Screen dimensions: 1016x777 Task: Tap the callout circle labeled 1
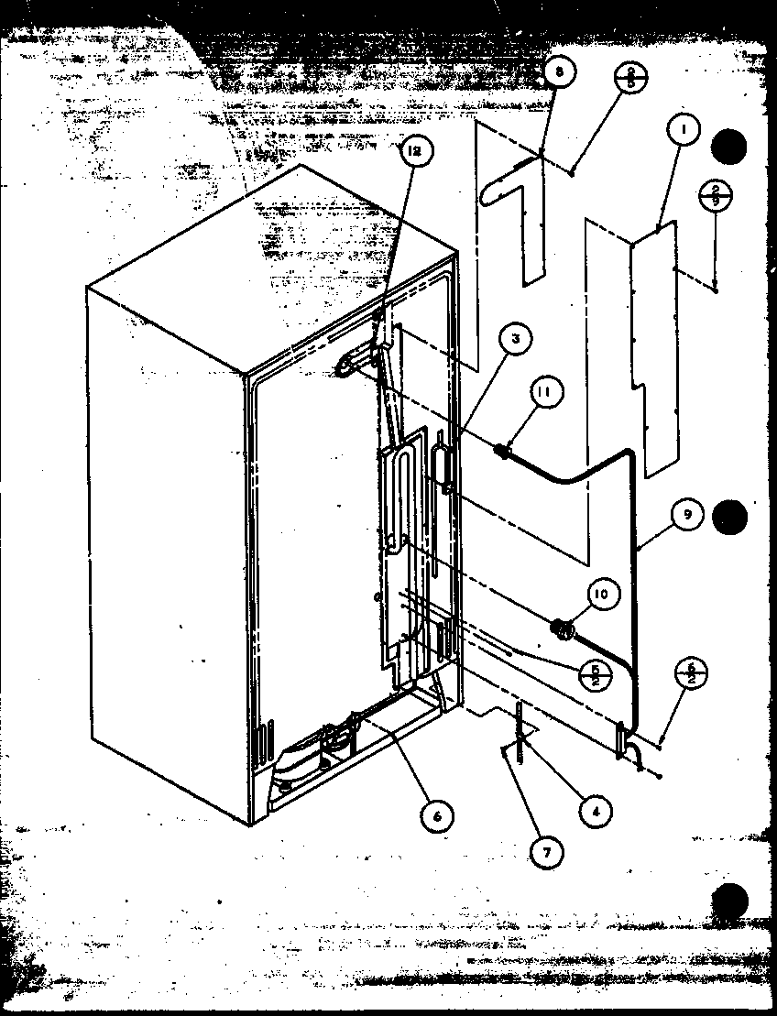pos(683,132)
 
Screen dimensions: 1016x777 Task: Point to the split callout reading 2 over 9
pos(715,196)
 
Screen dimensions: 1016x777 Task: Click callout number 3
pos(515,341)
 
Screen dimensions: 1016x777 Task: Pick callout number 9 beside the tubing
pos(686,516)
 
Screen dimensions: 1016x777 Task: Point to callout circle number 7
pos(547,852)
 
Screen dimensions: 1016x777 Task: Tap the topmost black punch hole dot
pos(730,145)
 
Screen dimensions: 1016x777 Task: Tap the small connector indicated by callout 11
pos(503,450)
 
